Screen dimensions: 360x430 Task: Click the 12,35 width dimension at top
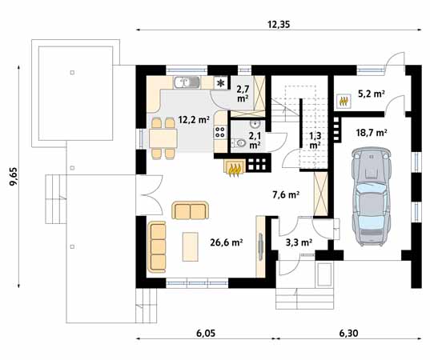(278, 25)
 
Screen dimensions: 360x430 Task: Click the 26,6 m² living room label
(226, 242)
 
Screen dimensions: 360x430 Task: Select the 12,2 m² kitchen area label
(193, 120)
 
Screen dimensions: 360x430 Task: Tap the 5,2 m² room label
(370, 94)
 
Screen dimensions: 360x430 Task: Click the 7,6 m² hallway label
(285, 194)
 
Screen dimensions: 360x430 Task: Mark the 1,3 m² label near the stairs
(315, 141)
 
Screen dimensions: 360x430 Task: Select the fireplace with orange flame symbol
(235, 168)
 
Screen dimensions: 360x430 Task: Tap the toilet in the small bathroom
(243, 144)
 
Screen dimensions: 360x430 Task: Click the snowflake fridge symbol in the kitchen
(220, 82)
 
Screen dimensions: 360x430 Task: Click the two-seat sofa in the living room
(190, 210)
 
